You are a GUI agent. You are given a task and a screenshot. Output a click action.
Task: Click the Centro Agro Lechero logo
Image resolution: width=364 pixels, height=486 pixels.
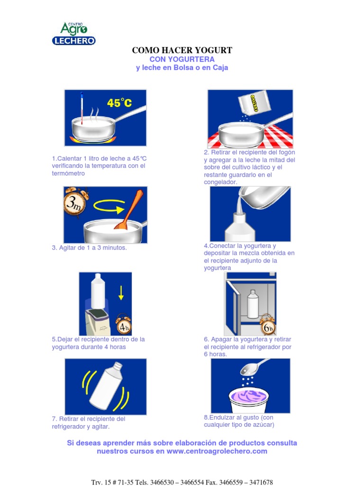[x=73, y=34]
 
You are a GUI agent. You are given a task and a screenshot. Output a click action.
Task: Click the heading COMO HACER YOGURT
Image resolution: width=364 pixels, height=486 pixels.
[x=182, y=50]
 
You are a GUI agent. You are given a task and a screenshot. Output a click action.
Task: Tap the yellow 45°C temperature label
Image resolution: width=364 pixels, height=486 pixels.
[x=119, y=103]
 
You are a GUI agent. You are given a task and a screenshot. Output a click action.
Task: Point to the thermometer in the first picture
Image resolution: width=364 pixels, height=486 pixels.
[x=82, y=108]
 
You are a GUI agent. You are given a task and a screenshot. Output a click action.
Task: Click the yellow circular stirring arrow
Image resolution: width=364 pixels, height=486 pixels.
[x=109, y=206]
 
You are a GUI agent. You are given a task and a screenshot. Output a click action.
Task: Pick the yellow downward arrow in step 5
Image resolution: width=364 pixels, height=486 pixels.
[x=121, y=292]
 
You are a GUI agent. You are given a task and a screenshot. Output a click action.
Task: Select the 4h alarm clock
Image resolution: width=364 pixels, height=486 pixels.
[x=124, y=325]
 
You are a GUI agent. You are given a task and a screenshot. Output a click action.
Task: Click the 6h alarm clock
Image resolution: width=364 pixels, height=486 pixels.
[x=267, y=325]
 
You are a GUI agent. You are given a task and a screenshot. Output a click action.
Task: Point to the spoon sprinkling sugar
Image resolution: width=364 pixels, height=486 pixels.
[x=253, y=367]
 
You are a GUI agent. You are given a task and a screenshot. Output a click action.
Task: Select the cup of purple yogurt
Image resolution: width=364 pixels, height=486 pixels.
[x=249, y=400]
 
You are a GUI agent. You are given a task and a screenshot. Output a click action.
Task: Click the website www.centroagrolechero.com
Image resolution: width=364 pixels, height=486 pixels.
[x=217, y=451]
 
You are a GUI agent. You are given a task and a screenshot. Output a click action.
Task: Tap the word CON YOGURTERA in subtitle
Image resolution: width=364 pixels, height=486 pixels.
[x=182, y=59]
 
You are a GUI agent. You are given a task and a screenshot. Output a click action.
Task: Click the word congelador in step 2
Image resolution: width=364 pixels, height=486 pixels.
[x=220, y=182]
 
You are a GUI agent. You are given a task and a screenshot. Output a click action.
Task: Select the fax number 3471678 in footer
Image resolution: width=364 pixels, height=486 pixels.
[x=261, y=482]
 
